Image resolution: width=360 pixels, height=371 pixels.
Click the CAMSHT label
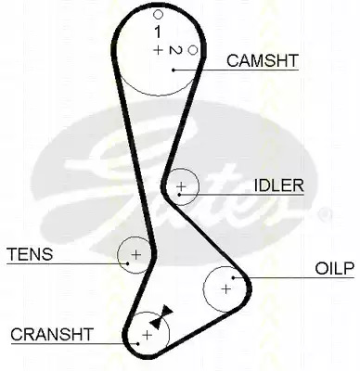pos(263,60)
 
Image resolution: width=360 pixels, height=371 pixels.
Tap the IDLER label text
pos(279,185)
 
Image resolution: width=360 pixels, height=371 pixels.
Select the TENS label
pos(30,254)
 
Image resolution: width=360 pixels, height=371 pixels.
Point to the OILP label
pos(334,268)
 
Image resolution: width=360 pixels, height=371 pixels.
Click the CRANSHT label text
pos(52,334)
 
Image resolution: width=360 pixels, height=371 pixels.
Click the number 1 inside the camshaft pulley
pos(158,32)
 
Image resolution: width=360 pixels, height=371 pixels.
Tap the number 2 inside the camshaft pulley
pos(175,50)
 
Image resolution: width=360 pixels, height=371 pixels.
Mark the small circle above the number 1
pos(158,14)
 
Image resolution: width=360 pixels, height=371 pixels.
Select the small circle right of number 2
pos(193,50)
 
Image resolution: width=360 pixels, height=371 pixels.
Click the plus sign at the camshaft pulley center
pos(158,50)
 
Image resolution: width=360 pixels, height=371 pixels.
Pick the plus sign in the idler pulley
pos(181,186)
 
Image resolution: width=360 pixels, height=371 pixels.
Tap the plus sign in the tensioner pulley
pos(135,255)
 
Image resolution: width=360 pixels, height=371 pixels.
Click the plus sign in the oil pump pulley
pos(226,289)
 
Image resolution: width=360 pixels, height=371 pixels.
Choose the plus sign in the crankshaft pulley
pos(148,335)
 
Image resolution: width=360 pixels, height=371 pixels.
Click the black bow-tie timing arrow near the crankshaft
pos(161,316)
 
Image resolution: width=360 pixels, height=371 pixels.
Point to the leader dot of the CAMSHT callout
pos(174,70)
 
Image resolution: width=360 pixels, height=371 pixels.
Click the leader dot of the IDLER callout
pos(179,195)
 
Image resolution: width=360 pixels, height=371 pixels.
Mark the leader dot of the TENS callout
pos(128,263)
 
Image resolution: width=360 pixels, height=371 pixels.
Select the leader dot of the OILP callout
pos(234,277)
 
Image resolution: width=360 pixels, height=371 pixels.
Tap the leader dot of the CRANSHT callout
pos(138,343)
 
